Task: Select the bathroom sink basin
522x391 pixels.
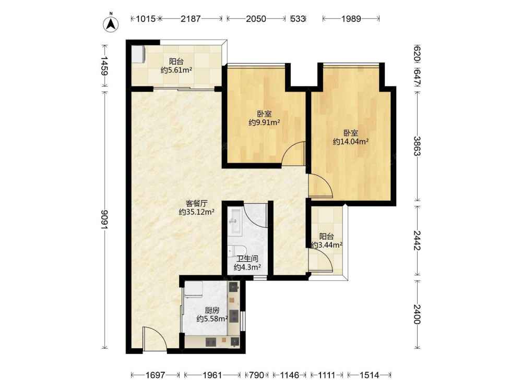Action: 235,221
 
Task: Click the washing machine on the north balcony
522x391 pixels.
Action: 138,54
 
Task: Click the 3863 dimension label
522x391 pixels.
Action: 417,145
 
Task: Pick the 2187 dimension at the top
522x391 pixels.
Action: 191,19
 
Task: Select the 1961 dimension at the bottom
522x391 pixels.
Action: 212,375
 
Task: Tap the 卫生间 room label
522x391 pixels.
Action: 247,259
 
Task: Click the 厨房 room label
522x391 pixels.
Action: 212,311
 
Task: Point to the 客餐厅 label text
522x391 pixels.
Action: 196,203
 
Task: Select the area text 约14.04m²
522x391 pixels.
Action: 351,142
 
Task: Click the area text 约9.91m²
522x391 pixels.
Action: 264,123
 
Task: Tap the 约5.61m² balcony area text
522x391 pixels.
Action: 176,70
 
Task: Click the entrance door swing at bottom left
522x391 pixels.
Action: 155,338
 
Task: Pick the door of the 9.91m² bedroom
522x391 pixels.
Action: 293,153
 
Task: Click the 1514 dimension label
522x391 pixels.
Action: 369,375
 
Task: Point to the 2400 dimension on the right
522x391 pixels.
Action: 417,314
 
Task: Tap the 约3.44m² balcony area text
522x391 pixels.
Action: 327,245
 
